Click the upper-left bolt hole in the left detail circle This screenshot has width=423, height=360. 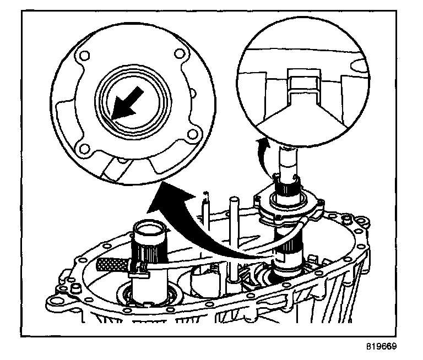coord(83,55)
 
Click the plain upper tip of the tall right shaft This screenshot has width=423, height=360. coord(288,159)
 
